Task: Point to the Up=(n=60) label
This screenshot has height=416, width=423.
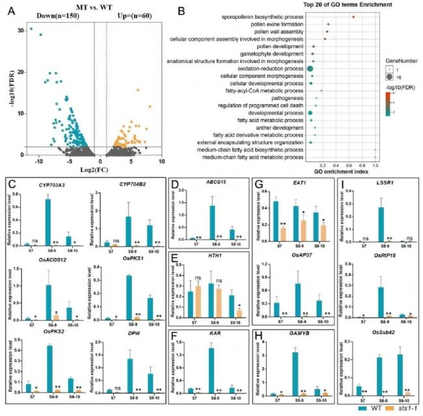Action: pos(128,16)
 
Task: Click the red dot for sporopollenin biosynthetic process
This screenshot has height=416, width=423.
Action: pos(352,16)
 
